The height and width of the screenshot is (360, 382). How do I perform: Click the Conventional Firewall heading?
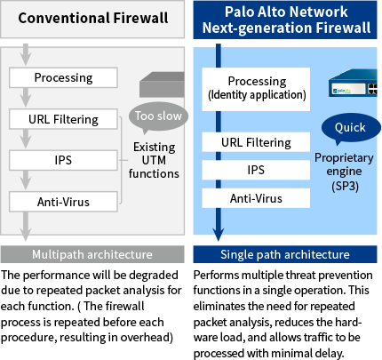pos(93,18)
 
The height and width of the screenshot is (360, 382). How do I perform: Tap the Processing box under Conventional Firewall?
pos(63,77)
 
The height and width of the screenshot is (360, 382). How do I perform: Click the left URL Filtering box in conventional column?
pos(63,119)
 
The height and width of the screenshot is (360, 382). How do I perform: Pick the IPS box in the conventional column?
pos(63,161)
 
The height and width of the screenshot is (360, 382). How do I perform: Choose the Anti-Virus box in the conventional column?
pos(63,202)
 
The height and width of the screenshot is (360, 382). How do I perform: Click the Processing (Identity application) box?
pos(256,88)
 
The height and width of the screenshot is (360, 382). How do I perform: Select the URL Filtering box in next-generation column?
pos(256,142)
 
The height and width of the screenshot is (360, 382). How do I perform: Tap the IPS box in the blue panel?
pos(256,170)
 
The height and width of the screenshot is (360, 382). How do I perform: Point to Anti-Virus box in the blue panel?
pos(256,197)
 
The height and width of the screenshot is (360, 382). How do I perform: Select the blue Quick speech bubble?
pos(349,128)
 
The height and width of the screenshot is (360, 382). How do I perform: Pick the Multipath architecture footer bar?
pos(92,255)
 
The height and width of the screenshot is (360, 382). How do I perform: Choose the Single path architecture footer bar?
pos(284,255)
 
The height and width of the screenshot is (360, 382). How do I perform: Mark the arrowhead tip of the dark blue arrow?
pos(216,238)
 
